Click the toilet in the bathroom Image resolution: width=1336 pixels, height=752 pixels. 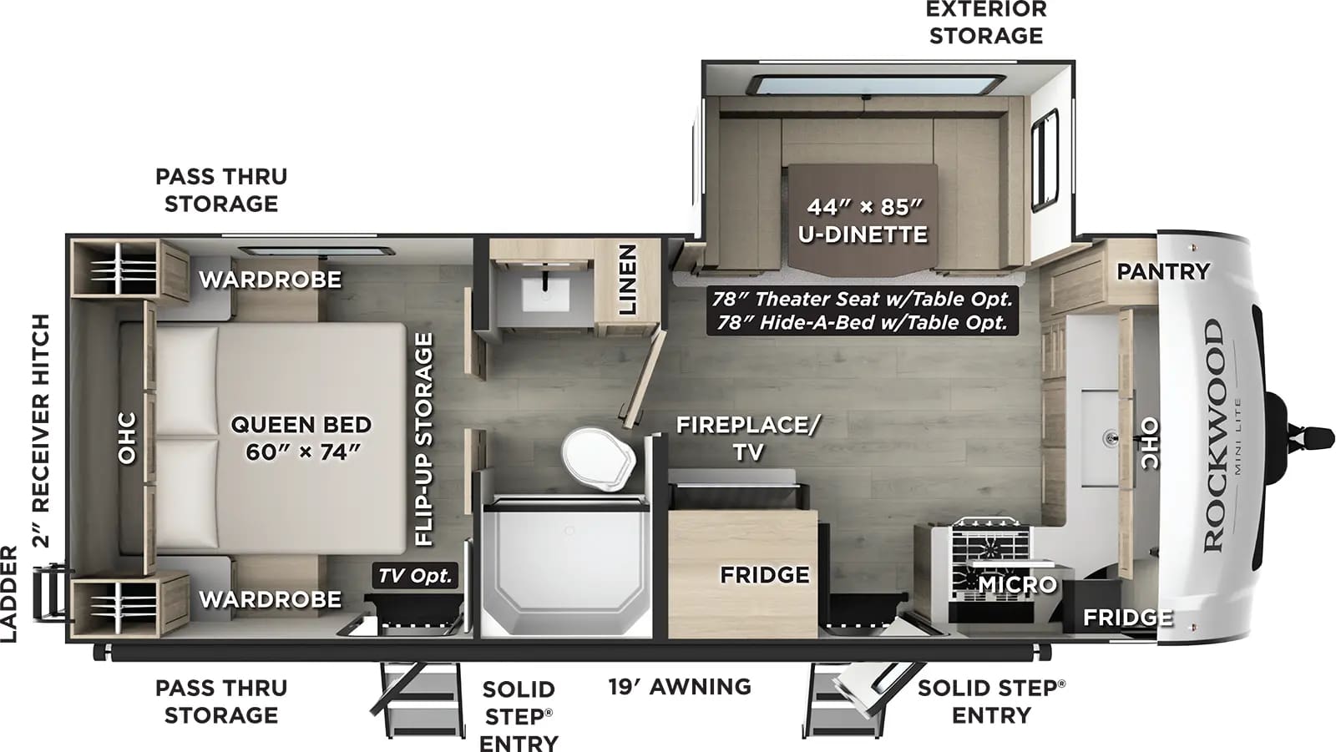coord(598,458)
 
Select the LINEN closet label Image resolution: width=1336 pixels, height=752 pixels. coord(627,280)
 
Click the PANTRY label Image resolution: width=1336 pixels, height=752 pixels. coord(1162,271)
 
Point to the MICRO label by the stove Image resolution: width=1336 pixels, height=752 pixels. coord(1017,584)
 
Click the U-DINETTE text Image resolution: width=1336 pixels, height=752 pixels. coord(863,235)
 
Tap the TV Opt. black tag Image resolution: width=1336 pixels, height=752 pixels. coord(414,575)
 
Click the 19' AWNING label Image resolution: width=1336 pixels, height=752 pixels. coord(680,686)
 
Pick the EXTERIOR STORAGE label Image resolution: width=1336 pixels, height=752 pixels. coord(986,23)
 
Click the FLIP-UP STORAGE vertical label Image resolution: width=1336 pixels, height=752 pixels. coord(424,440)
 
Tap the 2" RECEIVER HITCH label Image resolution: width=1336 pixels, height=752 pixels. coord(41,430)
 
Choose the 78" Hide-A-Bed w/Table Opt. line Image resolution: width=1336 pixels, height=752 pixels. coord(863,322)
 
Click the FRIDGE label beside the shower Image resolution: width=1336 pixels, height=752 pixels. coord(764,575)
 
